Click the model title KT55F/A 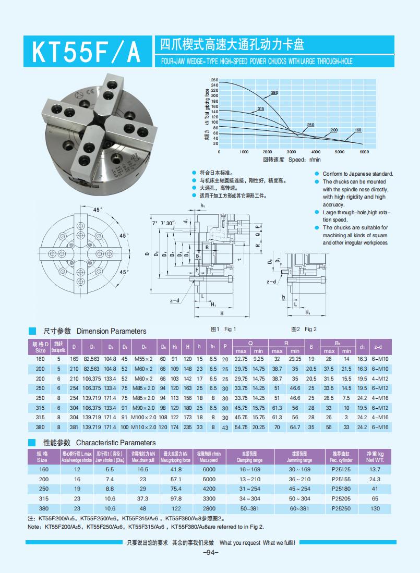(x=87, y=52)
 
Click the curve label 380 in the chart (x=274, y=92)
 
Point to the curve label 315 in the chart (x=261, y=108)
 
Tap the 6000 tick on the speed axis (x=364, y=152)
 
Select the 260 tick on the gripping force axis (x=214, y=79)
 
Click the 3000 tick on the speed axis (x=292, y=152)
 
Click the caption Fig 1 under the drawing (x=223, y=329)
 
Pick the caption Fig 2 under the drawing (x=304, y=329)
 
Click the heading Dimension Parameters (x=111, y=331)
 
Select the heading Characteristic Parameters (x=116, y=443)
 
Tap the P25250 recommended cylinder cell (x=341, y=508)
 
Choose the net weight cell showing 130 (x=375, y=508)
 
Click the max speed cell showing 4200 (x=209, y=489)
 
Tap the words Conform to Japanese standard (x=357, y=174)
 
